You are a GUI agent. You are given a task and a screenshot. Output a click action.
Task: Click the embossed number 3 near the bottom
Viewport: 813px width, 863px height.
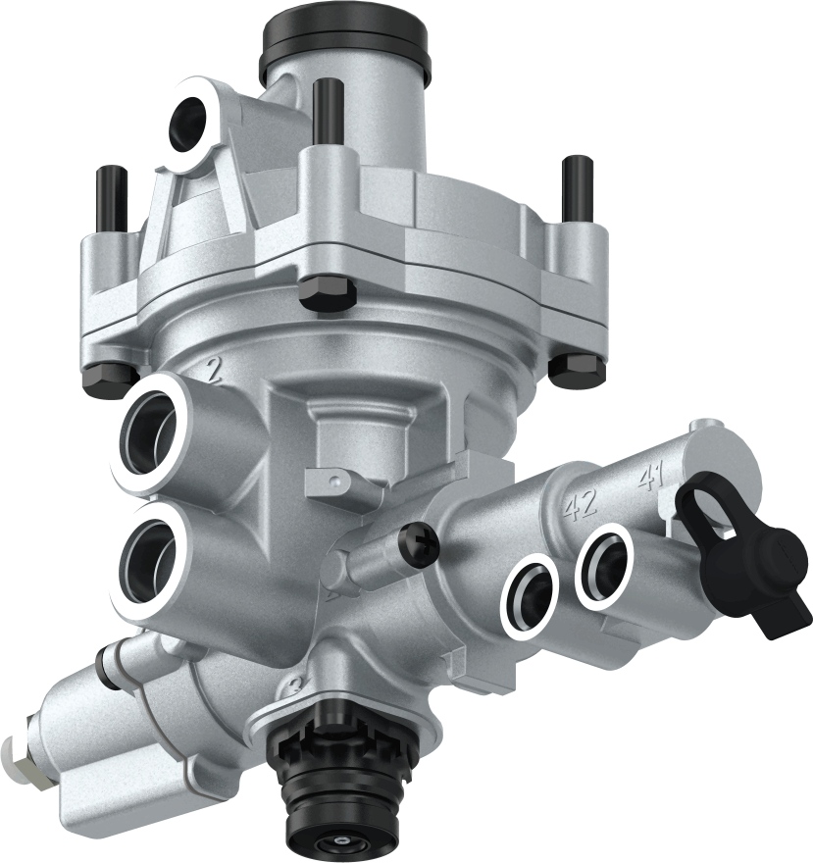pyautogui.click(x=290, y=683)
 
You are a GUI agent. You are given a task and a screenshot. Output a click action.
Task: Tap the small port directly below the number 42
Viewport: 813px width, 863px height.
pyautogui.click(x=530, y=592)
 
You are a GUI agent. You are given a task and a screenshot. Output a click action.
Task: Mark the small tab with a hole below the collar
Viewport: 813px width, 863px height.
pyautogui.click(x=332, y=481)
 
